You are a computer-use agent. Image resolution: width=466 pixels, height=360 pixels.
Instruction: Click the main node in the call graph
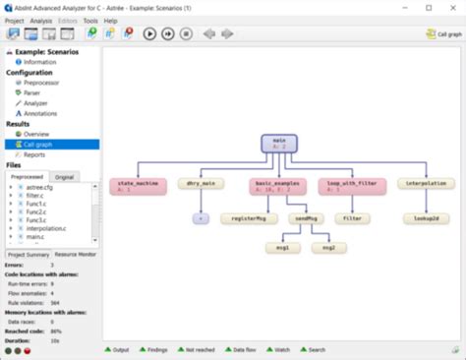point(279,144)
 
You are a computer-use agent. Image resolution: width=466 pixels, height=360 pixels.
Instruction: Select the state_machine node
point(138,185)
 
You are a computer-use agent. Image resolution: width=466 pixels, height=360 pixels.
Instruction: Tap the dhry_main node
point(201,185)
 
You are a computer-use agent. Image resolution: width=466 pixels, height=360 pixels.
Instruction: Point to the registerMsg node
point(243,218)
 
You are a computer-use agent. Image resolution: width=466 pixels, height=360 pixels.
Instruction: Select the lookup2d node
point(426,218)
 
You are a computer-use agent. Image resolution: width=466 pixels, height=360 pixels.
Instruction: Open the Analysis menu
point(41,20)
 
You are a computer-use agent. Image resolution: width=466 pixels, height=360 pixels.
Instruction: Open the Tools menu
point(90,20)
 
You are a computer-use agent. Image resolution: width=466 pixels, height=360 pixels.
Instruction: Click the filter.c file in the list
point(36,197)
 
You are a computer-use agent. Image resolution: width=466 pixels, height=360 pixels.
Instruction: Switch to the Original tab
point(65,176)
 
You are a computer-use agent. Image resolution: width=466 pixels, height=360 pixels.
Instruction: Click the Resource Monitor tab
point(75,254)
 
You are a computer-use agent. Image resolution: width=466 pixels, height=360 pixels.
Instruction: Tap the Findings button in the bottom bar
point(160,349)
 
